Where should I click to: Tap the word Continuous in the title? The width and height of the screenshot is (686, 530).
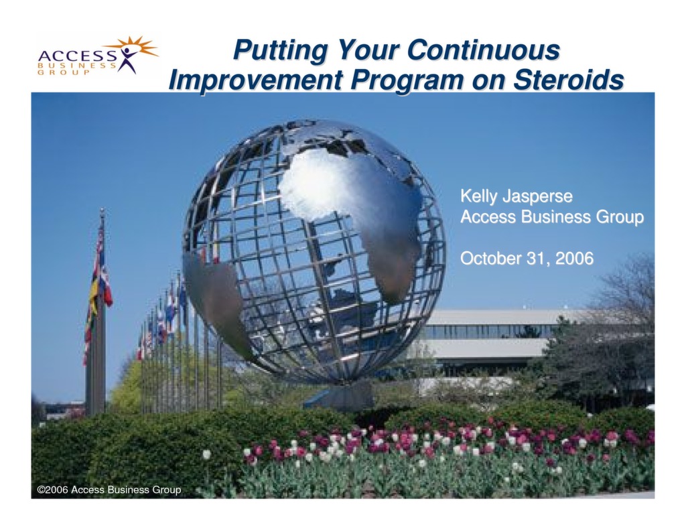click(x=483, y=50)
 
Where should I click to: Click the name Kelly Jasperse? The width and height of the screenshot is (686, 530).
click(x=517, y=196)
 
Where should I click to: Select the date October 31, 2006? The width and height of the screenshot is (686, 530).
click(x=527, y=258)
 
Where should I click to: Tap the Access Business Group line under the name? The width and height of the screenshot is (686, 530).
click(x=551, y=217)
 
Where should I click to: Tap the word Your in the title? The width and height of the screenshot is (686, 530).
click(x=368, y=50)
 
